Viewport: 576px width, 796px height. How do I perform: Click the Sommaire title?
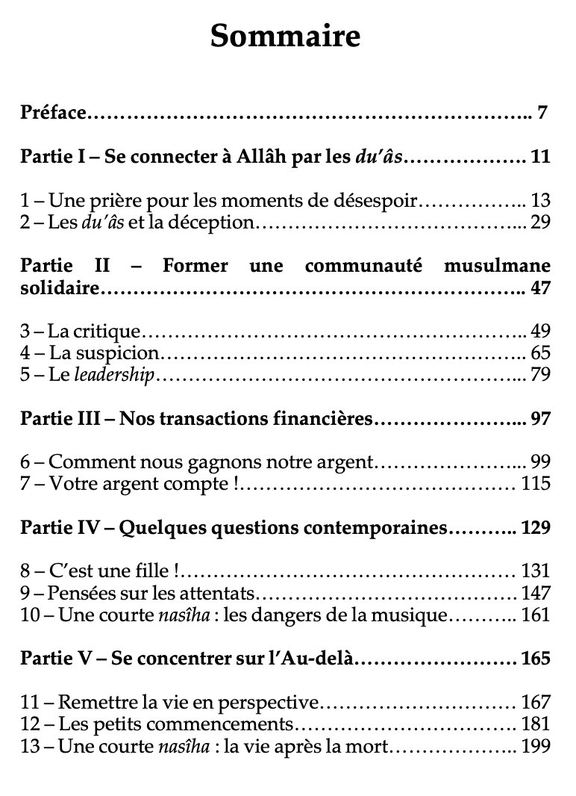pos(286,36)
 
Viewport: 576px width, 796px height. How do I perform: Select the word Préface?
pos(54,114)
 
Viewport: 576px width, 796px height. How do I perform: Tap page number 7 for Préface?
pos(542,114)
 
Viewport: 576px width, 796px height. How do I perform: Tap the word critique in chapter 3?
pos(114,331)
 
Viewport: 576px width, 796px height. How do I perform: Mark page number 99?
pos(540,461)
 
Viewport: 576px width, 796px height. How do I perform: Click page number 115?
pos(536,482)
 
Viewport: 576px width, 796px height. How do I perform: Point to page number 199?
pos(536,745)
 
